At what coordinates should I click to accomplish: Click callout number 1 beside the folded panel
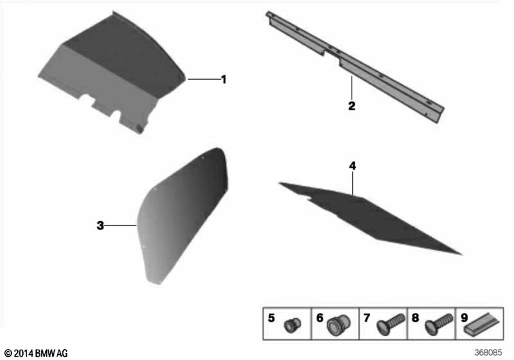(224, 79)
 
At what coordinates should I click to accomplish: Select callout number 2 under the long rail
(351, 106)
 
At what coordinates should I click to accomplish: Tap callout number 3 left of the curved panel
(100, 226)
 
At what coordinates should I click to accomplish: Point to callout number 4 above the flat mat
(352, 166)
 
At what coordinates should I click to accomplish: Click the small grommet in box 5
(292, 325)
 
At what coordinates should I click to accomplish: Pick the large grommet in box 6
(339, 325)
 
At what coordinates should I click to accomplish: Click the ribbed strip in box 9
(484, 324)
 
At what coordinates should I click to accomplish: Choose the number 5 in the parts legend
(271, 318)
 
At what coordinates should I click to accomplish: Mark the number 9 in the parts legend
(464, 318)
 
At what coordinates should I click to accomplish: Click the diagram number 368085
(488, 352)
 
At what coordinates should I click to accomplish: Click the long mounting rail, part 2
(355, 65)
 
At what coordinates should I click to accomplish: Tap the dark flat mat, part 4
(369, 217)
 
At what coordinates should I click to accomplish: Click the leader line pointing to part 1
(203, 79)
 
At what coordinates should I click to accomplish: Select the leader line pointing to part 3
(121, 225)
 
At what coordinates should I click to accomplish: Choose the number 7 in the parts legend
(367, 318)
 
